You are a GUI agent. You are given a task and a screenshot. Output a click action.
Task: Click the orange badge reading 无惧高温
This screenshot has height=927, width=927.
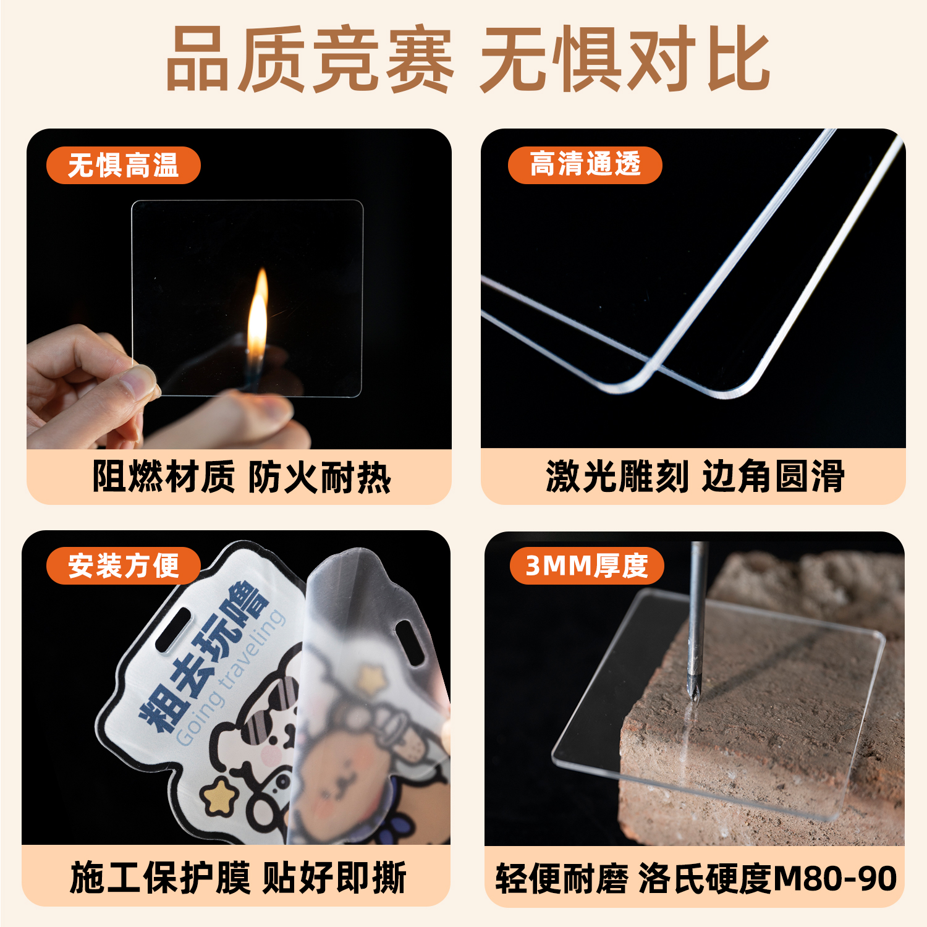123,166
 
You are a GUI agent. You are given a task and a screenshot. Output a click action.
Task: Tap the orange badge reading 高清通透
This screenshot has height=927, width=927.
585,165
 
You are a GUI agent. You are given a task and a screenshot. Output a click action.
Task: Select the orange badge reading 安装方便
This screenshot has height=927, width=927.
123,565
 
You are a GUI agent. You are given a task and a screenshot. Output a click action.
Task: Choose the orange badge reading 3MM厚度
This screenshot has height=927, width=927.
586,565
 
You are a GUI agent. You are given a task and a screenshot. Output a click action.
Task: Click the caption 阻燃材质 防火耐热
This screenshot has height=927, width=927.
241,477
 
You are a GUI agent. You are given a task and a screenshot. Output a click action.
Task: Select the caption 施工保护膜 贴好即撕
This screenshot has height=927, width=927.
238,878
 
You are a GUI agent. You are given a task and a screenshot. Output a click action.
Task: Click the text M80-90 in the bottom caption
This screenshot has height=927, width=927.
834,878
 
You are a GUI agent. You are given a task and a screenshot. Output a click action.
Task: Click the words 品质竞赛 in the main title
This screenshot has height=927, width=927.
309,60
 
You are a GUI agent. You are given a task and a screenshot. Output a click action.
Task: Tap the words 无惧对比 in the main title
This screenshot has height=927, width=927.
624,60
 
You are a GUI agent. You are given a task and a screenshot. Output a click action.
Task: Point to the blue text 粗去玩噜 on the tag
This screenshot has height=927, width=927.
204,658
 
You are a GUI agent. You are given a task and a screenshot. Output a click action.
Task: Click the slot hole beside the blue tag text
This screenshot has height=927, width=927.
174,629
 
